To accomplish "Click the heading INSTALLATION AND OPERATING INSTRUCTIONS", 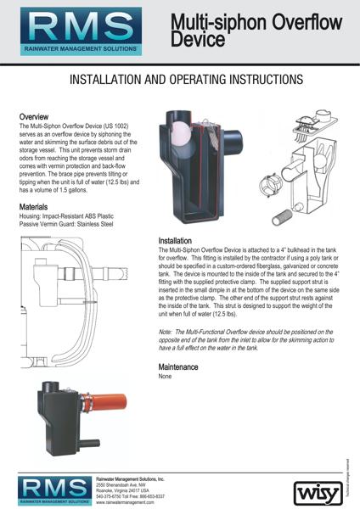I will tap(179, 79).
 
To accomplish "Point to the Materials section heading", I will tap(36, 206).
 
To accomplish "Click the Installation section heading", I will tap(179, 241).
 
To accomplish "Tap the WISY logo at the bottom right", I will tap(315, 490).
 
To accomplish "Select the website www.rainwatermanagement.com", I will tap(130, 502).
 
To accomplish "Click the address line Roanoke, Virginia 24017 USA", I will tap(127, 490).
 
